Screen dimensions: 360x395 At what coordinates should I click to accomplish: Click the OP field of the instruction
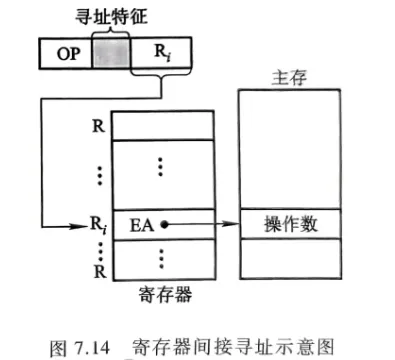64,51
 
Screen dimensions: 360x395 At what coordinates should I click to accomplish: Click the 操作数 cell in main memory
291,224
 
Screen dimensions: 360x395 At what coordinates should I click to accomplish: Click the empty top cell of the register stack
164,124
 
